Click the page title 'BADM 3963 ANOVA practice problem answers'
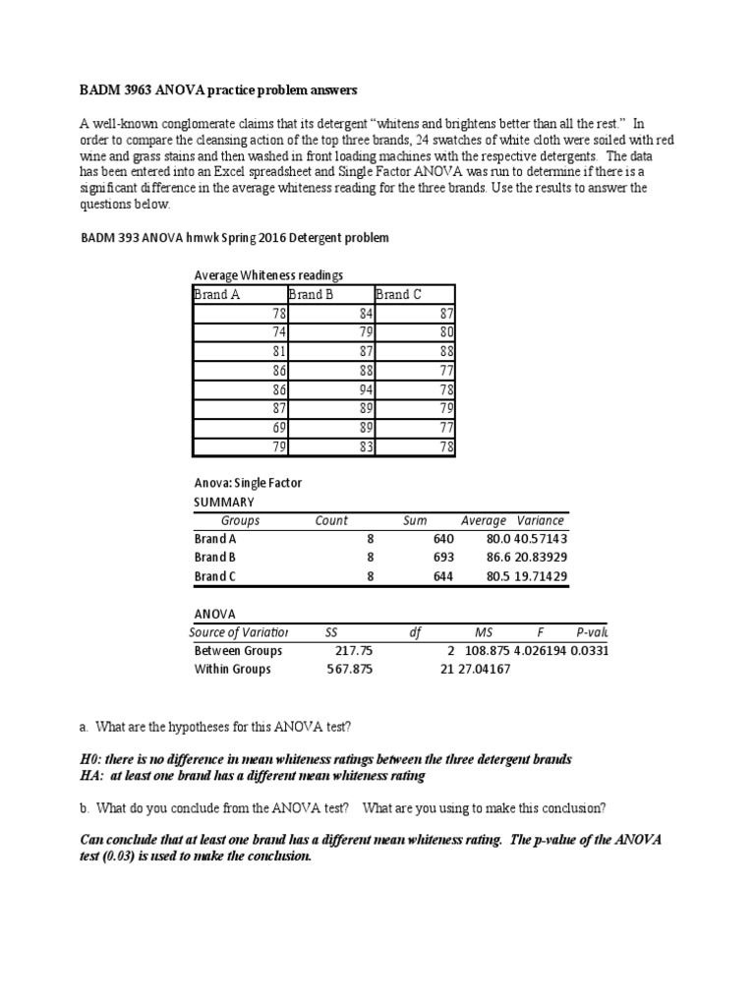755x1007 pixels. [218, 90]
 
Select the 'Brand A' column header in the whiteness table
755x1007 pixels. [217, 294]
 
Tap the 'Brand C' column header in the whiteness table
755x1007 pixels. [399, 294]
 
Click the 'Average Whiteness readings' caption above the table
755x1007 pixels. [268, 275]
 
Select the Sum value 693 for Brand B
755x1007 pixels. [442, 558]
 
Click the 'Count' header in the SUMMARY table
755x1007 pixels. [331, 520]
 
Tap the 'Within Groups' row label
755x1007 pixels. [233, 670]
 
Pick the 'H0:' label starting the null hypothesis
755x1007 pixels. [91, 760]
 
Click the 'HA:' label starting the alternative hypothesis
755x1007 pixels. [92, 776]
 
